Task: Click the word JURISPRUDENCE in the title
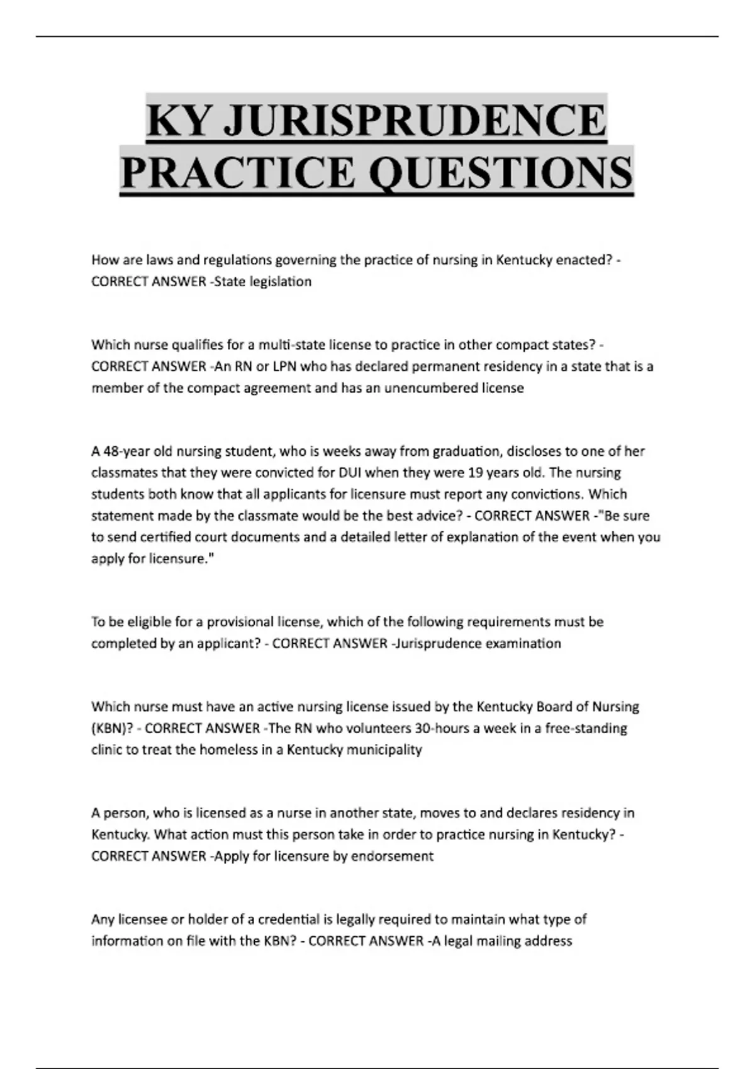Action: [415, 119]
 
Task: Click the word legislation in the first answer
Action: [281, 282]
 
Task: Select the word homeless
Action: [233, 750]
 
